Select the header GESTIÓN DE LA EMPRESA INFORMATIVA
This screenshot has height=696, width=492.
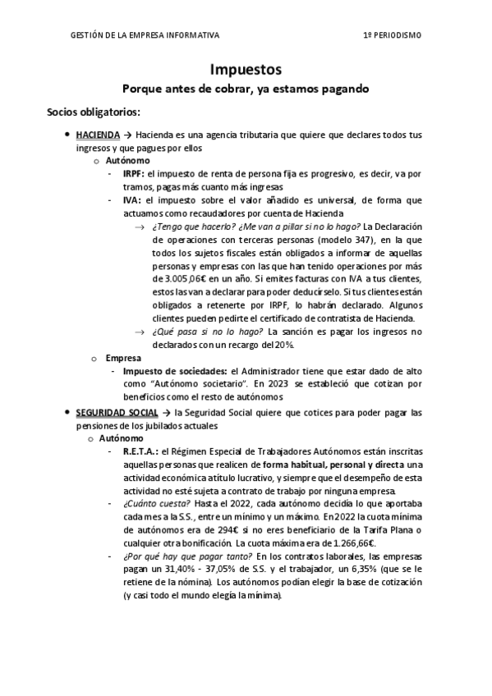click(x=146, y=35)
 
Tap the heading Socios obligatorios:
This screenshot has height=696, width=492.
click(x=94, y=111)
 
